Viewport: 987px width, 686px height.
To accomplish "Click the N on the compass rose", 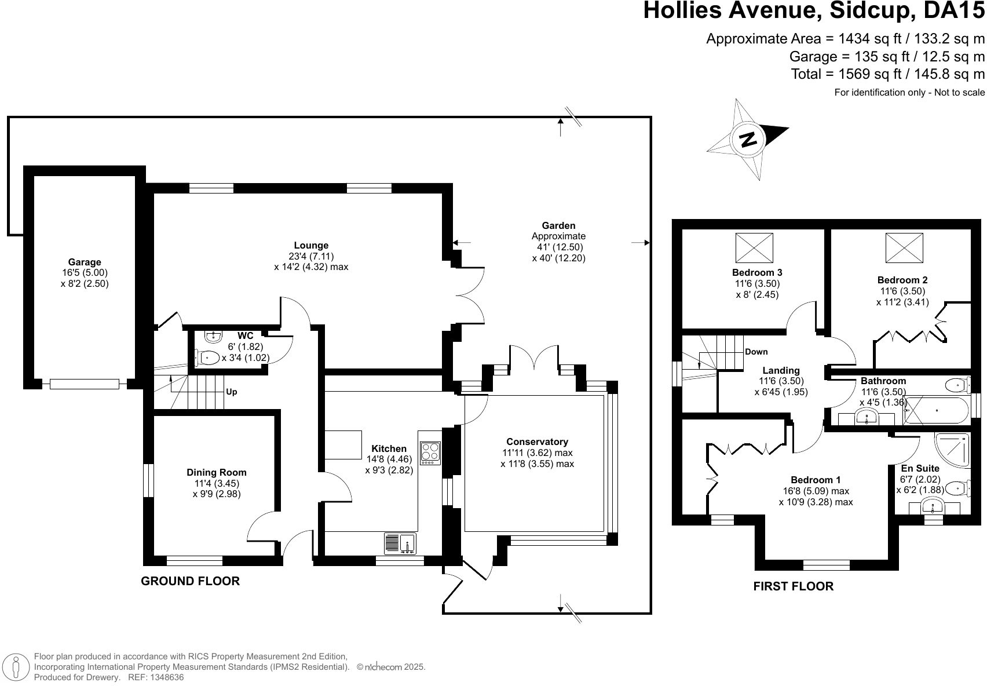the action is (x=748, y=139).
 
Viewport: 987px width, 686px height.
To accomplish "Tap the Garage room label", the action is (x=85, y=262).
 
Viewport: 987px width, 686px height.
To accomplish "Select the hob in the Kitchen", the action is (x=430, y=453).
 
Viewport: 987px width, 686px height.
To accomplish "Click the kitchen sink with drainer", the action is (x=400, y=543).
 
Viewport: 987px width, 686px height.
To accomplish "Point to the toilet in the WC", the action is (x=207, y=357).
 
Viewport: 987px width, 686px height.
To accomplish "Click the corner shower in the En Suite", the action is (x=952, y=450).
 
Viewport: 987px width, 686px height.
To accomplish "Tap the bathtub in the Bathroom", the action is (x=936, y=410).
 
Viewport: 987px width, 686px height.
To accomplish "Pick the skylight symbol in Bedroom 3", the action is (x=754, y=248).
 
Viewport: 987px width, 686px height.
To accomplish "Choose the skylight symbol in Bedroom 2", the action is (x=904, y=248).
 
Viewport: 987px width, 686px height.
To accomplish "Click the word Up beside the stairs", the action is (x=231, y=392).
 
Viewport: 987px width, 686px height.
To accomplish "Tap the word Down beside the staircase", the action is (x=756, y=352).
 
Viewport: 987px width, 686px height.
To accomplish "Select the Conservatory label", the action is (x=537, y=441).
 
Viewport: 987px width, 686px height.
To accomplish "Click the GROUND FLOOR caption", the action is (x=191, y=581).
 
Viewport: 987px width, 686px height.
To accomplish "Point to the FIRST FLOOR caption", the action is (x=793, y=586).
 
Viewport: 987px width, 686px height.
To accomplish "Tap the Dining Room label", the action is (x=217, y=473).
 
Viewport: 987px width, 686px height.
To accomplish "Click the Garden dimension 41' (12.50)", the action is (x=560, y=247).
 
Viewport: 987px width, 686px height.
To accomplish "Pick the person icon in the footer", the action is (x=16, y=666).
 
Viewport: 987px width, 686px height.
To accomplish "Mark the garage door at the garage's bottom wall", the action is (x=84, y=384).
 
